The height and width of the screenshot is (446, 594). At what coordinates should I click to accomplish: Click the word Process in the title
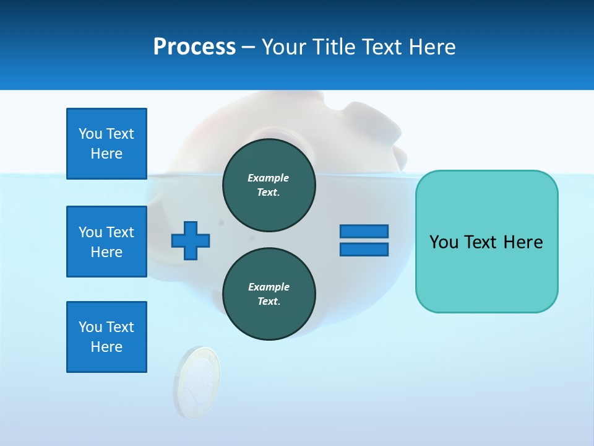click(194, 47)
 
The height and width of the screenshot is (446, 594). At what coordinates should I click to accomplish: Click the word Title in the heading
click(332, 47)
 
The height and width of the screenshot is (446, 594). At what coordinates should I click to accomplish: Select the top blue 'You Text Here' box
click(106, 144)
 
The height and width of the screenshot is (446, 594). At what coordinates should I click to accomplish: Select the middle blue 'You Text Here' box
click(106, 242)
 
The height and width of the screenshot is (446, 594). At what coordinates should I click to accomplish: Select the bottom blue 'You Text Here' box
click(106, 337)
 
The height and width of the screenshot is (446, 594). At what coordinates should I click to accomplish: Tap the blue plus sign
click(191, 240)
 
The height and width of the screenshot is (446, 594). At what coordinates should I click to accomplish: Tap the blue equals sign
click(364, 240)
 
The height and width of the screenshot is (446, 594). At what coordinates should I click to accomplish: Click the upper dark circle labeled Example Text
click(269, 185)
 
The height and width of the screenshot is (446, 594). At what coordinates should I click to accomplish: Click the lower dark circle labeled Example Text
click(269, 294)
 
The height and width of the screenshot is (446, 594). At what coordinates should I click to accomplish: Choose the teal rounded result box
click(486, 242)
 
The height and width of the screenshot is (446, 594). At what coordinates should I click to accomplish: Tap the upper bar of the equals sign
click(364, 232)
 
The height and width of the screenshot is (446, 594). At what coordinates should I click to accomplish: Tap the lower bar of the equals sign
click(364, 249)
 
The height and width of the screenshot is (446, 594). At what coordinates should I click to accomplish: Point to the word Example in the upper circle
click(269, 178)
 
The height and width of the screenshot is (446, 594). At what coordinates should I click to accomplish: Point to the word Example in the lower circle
click(269, 287)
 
